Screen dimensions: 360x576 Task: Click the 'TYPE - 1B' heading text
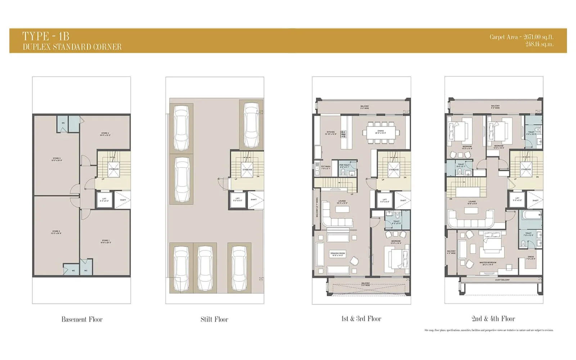(x=46, y=36)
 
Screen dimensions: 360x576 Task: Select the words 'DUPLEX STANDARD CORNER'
(x=72, y=47)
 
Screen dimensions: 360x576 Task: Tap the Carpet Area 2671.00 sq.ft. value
(x=521, y=37)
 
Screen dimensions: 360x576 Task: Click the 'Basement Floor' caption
(x=82, y=319)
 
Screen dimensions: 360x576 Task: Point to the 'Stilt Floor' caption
(x=214, y=319)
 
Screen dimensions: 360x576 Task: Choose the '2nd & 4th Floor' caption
(x=493, y=319)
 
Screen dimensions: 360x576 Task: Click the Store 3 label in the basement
(x=57, y=159)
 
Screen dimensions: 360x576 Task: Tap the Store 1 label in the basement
(x=105, y=241)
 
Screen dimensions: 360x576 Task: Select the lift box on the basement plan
(x=104, y=199)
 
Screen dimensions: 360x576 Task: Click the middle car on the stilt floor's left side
(x=182, y=180)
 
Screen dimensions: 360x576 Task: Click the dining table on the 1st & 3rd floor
(x=381, y=132)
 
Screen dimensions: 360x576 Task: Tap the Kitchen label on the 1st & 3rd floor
(x=330, y=133)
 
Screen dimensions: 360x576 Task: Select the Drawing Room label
(x=337, y=254)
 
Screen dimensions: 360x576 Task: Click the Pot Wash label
(x=325, y=167)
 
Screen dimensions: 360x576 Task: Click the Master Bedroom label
(x=488, y=263)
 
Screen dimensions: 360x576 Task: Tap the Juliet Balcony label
(x=502, y=280)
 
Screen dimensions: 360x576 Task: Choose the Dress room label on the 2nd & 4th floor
(x=531, y=258)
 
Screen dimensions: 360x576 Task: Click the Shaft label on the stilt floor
(x=253, y=199)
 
